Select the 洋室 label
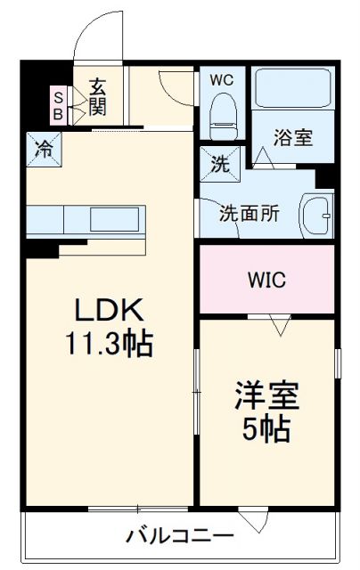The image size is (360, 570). pos(266,396)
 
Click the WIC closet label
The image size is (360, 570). pos(266,281)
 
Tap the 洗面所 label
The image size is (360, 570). pos(250,214)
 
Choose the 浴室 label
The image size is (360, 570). pos(292,138)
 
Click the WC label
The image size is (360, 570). pos(221,78)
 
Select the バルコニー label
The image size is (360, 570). pos(179,536)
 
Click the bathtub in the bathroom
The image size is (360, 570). pos(292,89)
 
